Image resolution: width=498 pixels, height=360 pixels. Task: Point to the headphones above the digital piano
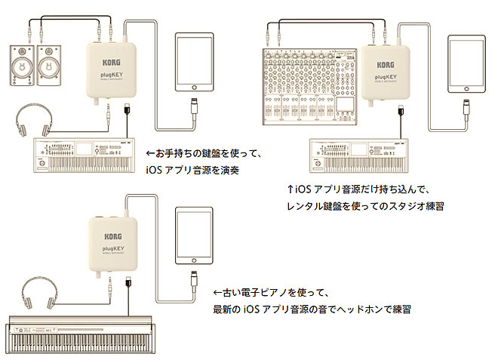38,295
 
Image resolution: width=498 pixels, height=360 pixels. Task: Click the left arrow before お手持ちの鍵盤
149,153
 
